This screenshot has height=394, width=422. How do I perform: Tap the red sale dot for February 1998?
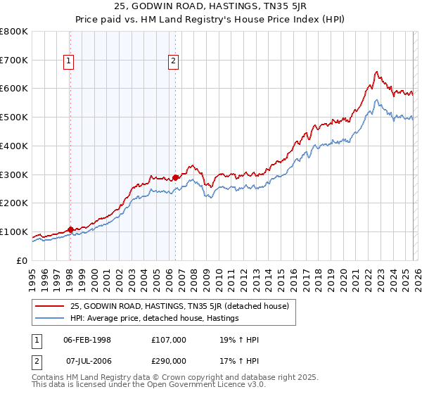[70, 229]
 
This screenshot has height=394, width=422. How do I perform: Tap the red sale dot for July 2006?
[175, 177]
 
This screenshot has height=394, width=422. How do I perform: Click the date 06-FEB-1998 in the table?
[87, 340]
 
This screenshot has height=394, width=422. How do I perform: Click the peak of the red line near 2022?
[377, 71]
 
